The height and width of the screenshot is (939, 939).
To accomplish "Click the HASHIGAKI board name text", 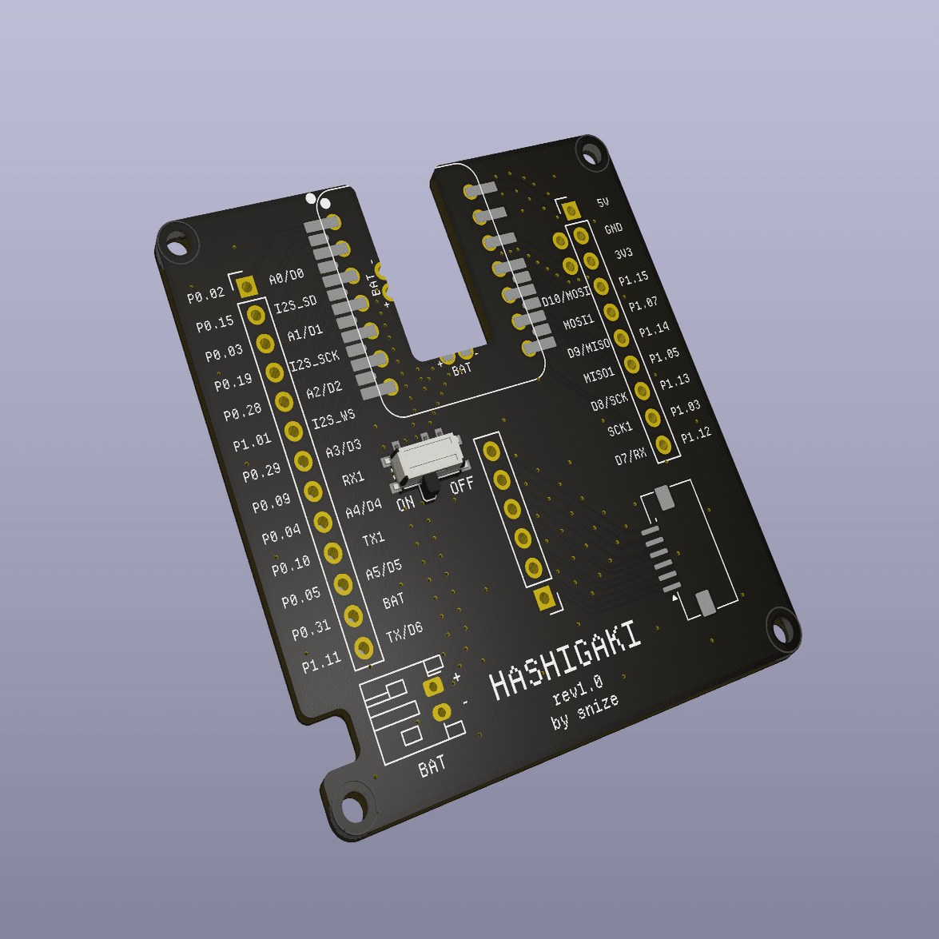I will [565, 662].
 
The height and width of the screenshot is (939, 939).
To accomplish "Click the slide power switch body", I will [427, 460].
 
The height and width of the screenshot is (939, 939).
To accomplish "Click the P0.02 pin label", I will [206, 296].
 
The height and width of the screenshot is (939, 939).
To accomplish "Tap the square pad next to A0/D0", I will [246, 286].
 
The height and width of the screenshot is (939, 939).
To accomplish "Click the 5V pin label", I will [603, 203].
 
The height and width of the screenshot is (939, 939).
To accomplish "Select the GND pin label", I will [613, 229].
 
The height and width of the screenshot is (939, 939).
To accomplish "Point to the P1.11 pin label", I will [321, 662].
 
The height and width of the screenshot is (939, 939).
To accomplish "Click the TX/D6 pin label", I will [404, 632].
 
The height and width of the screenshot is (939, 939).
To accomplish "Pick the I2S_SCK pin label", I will [314, 360].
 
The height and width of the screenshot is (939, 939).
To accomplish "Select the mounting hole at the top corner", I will [592, 152].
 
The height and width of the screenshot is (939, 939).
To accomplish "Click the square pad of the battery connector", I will [433, 686].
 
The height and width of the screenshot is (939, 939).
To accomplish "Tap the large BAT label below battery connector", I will [432, 766].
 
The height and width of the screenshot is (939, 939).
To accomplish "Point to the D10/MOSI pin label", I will [566, 296].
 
